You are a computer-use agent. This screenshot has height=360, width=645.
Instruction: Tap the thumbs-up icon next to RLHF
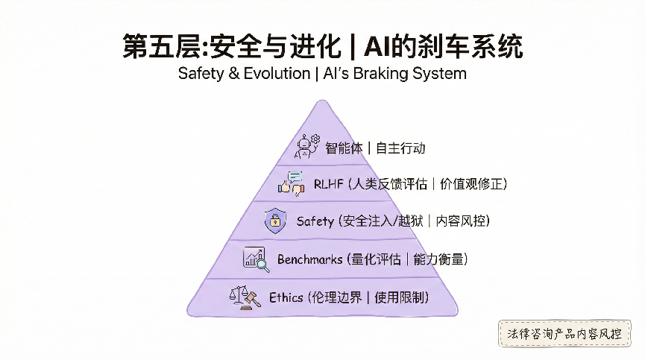291,183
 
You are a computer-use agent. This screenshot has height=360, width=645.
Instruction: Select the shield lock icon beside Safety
276,221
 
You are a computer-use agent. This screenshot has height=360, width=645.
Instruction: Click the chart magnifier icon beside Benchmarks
255,259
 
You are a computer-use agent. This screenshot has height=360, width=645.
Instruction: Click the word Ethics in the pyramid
286,297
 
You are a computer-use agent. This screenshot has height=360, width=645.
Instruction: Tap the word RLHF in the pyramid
327,183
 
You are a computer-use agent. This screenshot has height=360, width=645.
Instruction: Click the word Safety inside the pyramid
315,221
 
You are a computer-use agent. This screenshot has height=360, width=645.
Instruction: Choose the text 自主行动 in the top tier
400,148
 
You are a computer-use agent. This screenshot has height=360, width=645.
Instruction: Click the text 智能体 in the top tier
344,148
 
